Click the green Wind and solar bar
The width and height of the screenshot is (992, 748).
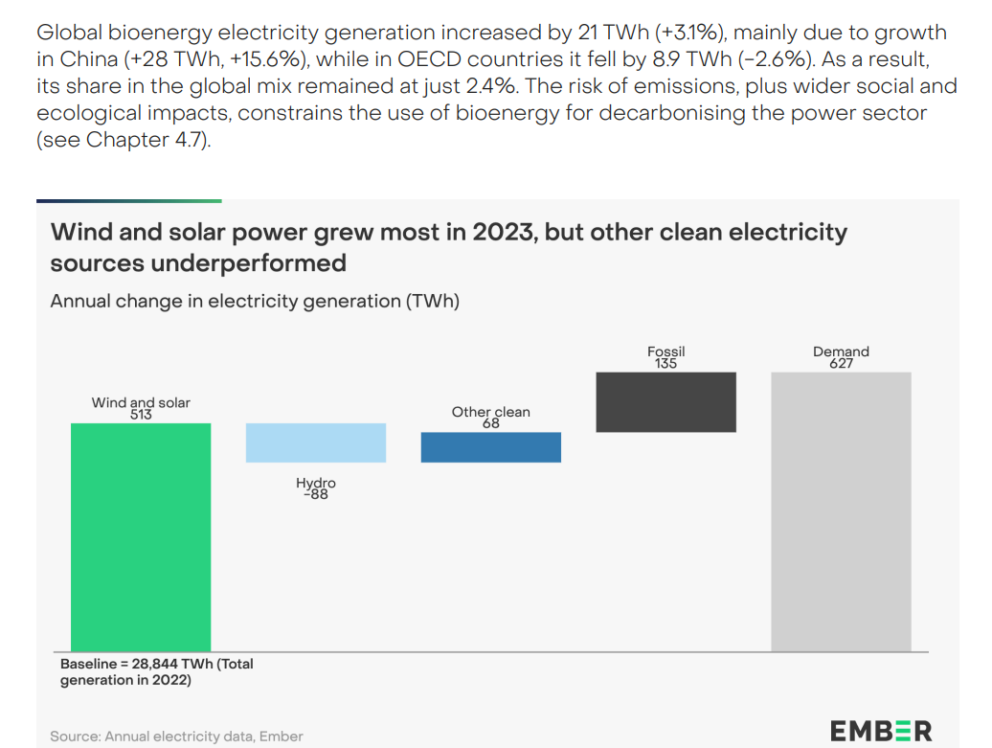click(141, 536)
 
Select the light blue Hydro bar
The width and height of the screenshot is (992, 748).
click(316, 443)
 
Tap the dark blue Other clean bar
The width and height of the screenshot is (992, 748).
click(490, 447)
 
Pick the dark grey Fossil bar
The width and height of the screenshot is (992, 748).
click(665, 402)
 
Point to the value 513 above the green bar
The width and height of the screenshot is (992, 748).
click(141, 416)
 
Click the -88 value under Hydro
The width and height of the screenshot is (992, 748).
click(316, 495)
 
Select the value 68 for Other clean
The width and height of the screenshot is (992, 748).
click(491, 423)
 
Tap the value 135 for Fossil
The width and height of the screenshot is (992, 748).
click(665, 364)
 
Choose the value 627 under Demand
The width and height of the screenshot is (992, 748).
click(841, 364)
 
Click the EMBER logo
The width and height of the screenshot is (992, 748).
click(880, 731)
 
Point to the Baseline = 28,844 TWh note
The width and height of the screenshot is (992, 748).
click(156, 671)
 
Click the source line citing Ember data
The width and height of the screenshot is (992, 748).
click(176, 737)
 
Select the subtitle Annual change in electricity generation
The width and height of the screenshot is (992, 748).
click(255, 301)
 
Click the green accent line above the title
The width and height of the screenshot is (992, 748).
click(129, 201)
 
